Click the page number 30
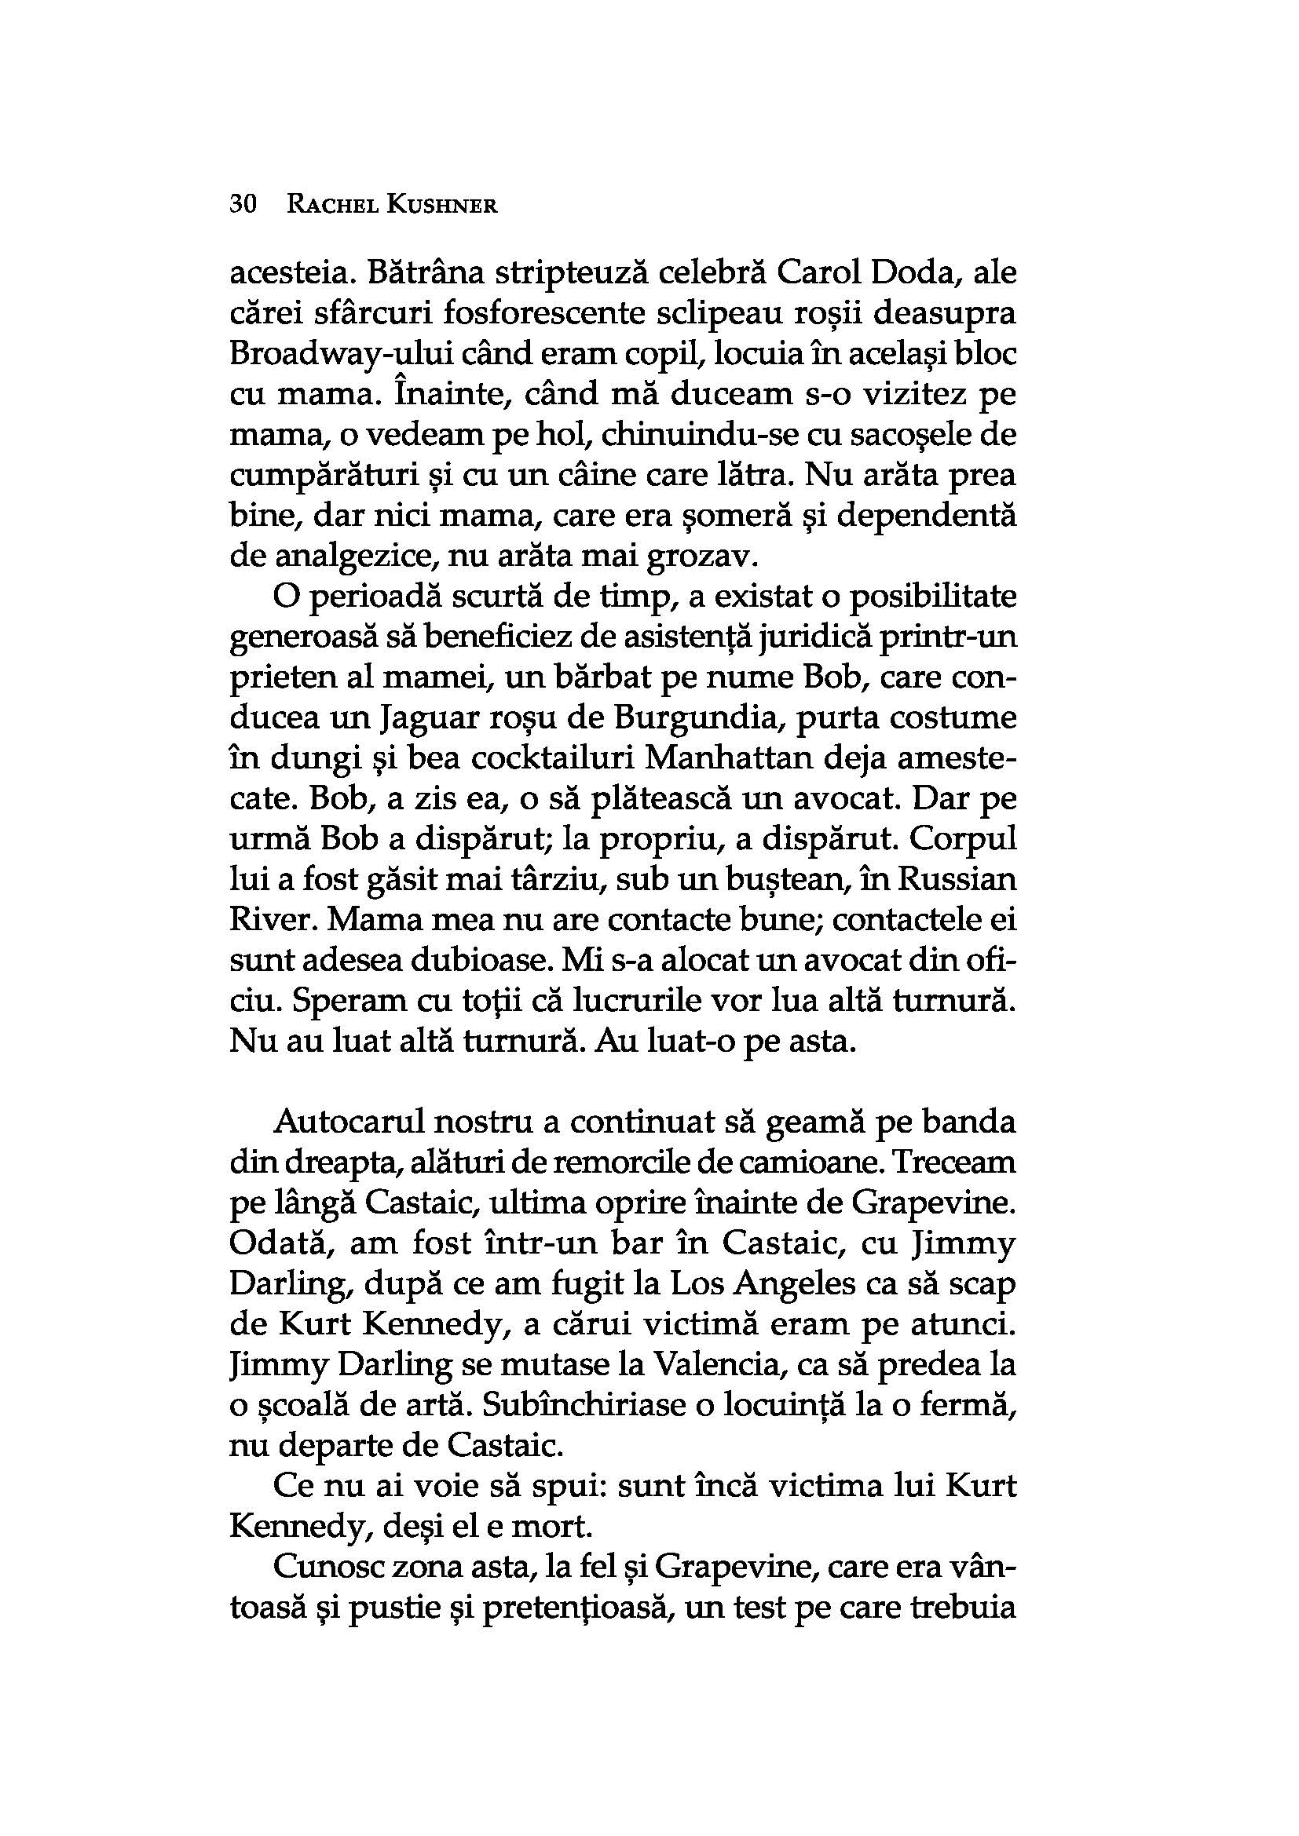click(x=243, y=205)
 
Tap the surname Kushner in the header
click(x=441, y=206)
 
